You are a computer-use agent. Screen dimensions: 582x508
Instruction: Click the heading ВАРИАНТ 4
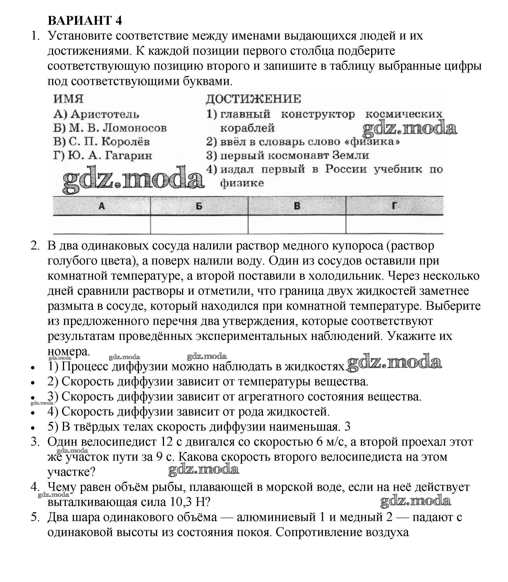pyautogui.click(x=85, y=21)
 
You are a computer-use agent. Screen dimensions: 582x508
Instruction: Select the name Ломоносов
pyautogui.click(x=134, y=128)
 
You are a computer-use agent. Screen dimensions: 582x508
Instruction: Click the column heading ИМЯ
pyautogui.click(x=68, y=99)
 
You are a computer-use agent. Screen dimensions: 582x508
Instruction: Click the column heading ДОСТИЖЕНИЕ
pyautogui.click(x=253, y=99)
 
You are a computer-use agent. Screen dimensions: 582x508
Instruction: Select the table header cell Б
pyautogui.click(x=199, y=206)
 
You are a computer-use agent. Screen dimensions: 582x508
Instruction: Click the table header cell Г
pyautogui.click(x=394, y=206)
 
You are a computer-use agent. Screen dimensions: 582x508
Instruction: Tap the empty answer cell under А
pyautogui.click(x=102, y=225)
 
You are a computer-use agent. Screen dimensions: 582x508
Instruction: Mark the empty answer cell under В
pyautogui.click(x=297, y=225)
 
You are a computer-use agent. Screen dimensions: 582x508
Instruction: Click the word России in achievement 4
pyautogui.click(x=346, y=169)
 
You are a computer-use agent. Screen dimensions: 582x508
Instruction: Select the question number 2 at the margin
pyautogui.click(x=35, y=246)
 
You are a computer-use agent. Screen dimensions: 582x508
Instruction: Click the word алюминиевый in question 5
pyautogui.click(x=276, y=517)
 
